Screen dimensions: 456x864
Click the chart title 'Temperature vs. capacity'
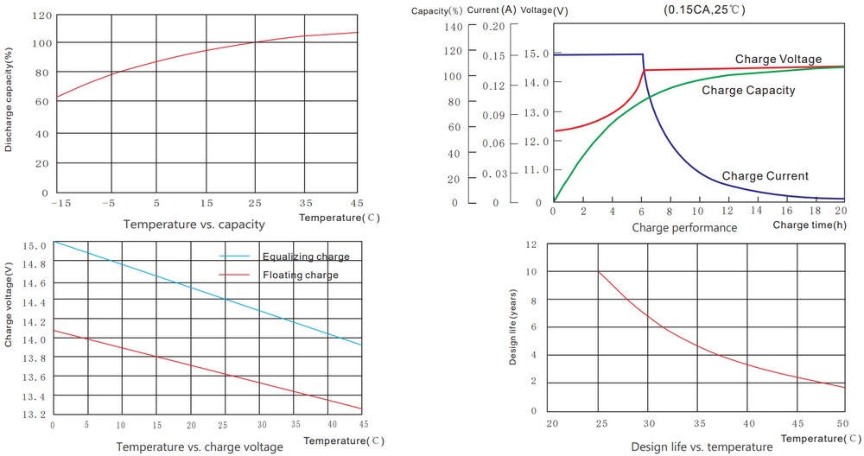194,225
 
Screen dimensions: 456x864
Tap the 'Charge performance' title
684,228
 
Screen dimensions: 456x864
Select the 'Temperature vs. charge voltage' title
200,446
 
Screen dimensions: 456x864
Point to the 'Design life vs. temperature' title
702,446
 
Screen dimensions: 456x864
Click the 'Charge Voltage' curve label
778,59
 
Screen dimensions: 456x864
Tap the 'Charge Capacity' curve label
748,90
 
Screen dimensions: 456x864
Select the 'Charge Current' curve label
765,176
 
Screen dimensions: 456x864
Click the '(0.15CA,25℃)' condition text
704,9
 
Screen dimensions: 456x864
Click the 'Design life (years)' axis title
513,327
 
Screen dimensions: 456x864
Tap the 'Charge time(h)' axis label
810,225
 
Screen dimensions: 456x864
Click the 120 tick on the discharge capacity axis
41,16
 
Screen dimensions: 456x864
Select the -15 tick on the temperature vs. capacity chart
60,203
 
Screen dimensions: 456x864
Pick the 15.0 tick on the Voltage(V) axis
537,54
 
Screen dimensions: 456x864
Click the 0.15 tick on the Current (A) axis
493,56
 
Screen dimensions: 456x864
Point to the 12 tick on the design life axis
531,244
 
